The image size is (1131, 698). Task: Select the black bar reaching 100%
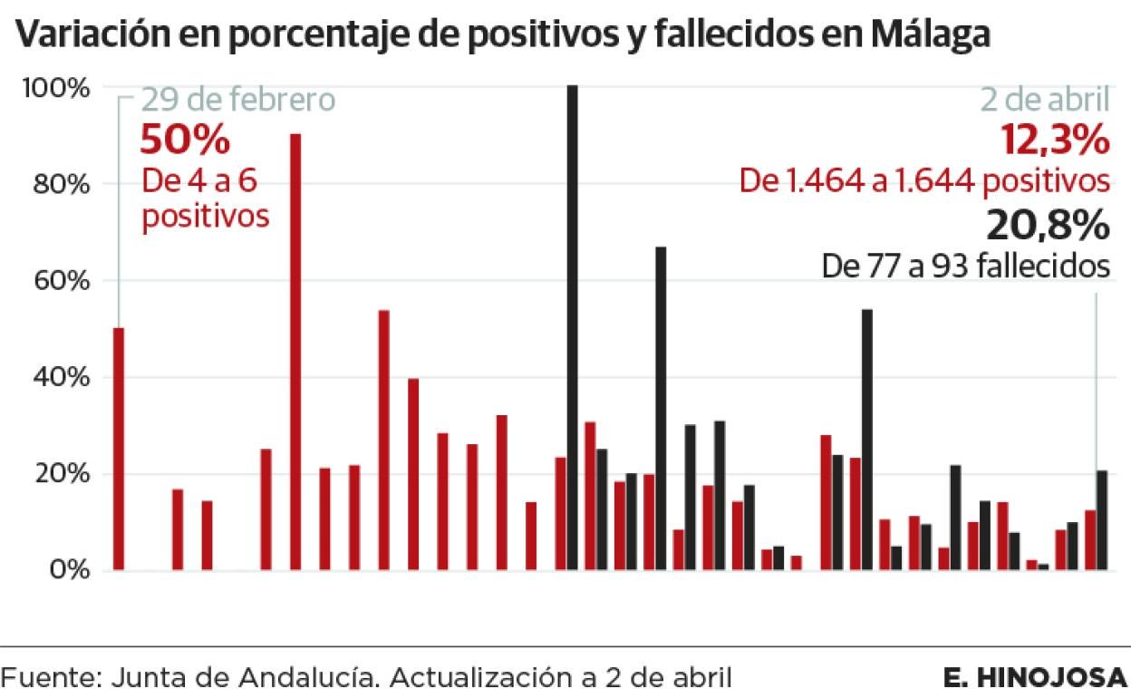573,326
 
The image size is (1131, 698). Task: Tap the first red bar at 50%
119,449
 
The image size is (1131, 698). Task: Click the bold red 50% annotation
185,141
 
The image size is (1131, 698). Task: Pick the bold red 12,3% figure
1054,141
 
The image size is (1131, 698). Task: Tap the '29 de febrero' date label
237,100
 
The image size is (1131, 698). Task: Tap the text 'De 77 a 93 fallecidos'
966,267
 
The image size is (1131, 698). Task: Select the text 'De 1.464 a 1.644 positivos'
924,181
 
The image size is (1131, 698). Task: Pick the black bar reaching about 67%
662,408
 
